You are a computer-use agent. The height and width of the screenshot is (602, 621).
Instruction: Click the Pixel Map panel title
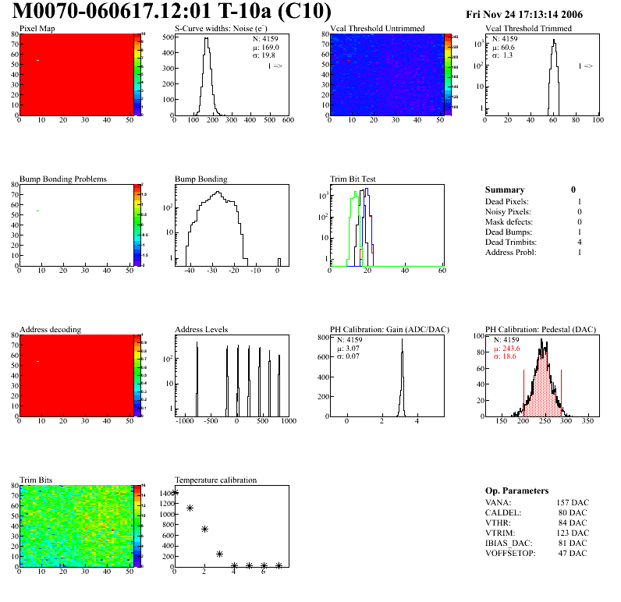37,29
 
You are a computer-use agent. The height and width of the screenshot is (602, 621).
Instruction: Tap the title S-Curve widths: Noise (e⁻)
219,29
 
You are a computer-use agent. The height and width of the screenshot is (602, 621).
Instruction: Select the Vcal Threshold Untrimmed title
378,29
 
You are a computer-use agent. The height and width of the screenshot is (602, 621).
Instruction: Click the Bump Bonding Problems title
62,179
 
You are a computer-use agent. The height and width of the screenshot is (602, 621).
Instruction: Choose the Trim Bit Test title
353,179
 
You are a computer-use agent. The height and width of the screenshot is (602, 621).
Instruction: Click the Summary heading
505,189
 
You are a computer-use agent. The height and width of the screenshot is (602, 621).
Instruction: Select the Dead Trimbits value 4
578,243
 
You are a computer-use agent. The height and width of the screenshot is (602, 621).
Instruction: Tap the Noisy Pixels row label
508,211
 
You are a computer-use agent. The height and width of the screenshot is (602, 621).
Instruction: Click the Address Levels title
201,330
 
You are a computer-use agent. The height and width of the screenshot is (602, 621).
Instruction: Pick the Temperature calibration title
215,480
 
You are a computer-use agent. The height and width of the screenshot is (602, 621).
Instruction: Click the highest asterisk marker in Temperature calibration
175,493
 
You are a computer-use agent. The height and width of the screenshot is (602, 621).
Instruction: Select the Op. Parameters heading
516,490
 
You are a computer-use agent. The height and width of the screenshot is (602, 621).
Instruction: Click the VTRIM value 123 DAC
572,533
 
